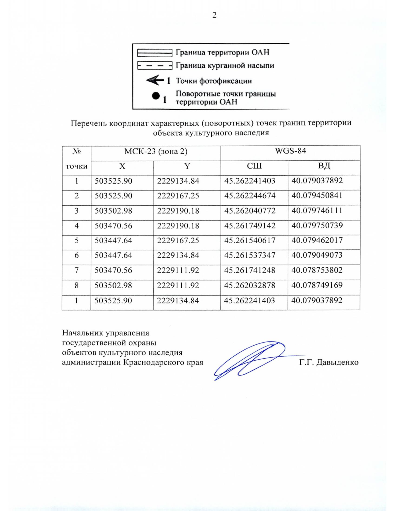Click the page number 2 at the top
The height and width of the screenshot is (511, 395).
tap(214, 15)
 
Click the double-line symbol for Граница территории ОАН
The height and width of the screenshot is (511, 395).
tap(155, 53)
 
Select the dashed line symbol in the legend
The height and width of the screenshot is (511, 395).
tap(155, 66)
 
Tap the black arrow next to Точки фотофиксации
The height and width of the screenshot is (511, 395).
tap(155, 80)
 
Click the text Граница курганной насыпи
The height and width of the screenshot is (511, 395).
tap(225, 65)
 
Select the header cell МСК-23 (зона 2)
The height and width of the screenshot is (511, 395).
tap(156, 151)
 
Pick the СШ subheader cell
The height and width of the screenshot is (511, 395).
tap(254, 166)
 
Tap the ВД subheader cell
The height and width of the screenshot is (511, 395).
tap(324, 166)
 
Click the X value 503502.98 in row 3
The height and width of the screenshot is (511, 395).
tap(113, 211)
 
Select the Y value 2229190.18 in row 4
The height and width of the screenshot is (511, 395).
tap(178, 226)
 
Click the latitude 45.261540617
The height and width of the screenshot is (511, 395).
tap(250, 241)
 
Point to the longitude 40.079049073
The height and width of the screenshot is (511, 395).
tap(317, 255)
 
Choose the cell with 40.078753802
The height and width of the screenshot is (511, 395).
tap(317, 270)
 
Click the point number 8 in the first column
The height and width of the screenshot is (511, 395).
tap(76, 285)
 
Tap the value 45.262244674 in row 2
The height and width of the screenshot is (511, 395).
tap(250, 195)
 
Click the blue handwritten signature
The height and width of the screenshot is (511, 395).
tap(250, 360)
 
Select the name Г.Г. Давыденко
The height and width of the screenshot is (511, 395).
tap(329, 363)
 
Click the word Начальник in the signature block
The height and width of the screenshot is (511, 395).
tap(83, 333)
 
